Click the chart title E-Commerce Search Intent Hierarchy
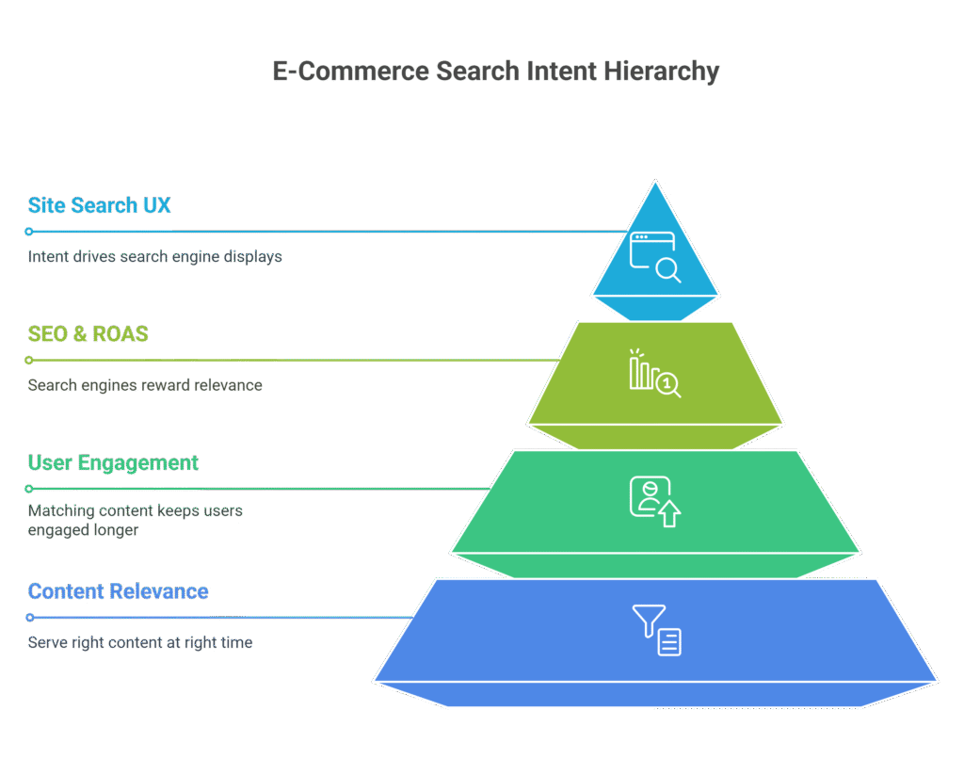pos(495,72)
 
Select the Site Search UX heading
pos(100,205)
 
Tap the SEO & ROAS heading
pos(88,334)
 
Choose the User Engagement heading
pos(113,462)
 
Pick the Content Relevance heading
pos(119,591)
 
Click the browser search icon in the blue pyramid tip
pos(655,256)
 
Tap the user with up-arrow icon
pos(654,501)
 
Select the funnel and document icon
pos(656,630)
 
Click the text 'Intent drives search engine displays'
pos(154,256)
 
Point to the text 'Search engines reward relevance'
pos(145,385)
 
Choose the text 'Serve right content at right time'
pos(140,642)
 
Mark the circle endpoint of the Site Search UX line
pos(29,232)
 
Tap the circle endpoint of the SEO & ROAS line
pos(29,360)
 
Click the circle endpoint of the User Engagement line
pos(29,489)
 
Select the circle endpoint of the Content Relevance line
pos(29,618)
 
